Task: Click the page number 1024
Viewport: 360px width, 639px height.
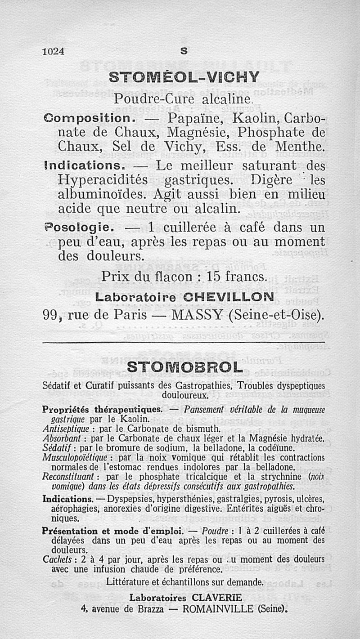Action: point(54,51)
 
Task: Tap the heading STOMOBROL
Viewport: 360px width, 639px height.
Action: point(184,367)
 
